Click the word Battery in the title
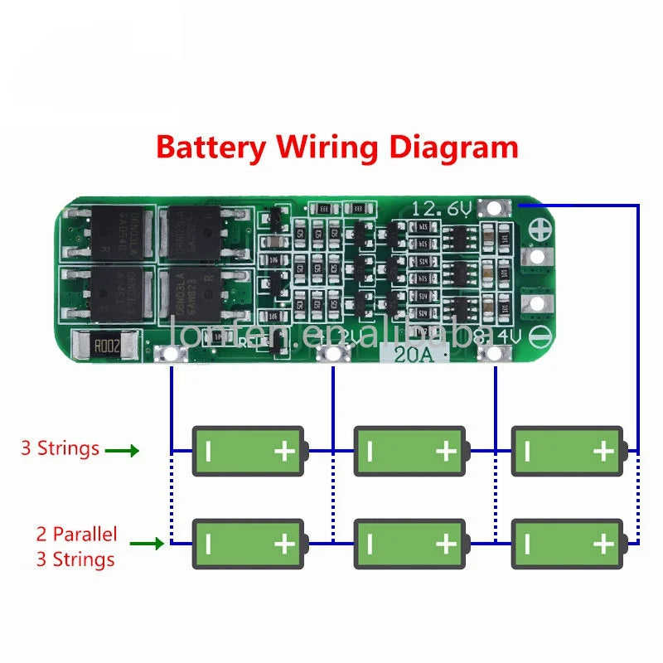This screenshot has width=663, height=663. pyautogui.click(x=211, y=148)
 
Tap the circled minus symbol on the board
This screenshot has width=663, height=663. pyautogui.click(x=540, y=337)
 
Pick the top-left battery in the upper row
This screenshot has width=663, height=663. pyautogui.click(x=249, y=451)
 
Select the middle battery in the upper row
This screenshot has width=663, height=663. pyautogui.click(x=409, y=451)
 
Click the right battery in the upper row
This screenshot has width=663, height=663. pyautogui.click(x=568, y=451)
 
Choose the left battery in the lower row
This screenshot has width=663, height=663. pyautogui.click(x=249, y=544)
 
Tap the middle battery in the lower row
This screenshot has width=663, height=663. pyautogui.click(x=409, y=544)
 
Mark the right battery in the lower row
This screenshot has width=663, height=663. pyautogui.click(x=568, y=544)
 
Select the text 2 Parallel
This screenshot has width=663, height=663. pyautogui.click(x=76, y=534)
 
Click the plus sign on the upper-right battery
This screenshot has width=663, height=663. pyautogui.click(x=603, y=451)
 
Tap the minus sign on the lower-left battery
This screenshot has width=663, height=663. pyautogui.click(x=208, y=544)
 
